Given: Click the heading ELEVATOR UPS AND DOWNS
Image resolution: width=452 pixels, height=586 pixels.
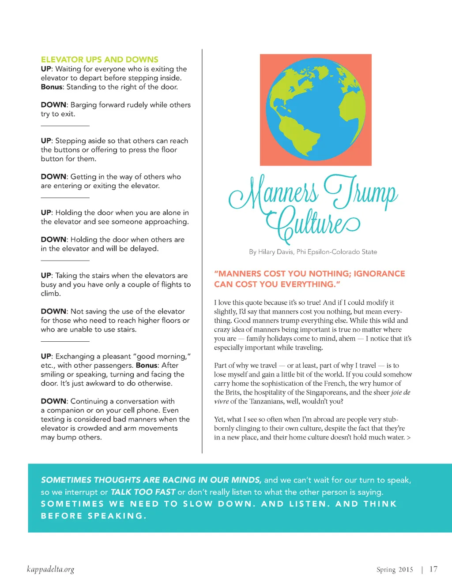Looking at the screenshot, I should click(99, 60).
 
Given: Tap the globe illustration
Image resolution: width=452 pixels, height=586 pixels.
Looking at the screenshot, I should click(316, 109).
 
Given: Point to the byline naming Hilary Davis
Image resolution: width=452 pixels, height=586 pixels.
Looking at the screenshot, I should click(313, 252).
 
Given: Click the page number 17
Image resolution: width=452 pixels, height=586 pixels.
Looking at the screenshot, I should click(433, 569).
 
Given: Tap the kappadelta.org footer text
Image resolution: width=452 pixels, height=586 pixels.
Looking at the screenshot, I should click(50, 569).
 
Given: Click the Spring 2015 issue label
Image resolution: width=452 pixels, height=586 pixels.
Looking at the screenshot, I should click(395, 570).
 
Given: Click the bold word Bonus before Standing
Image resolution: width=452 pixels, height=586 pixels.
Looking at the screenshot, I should click(52, 87).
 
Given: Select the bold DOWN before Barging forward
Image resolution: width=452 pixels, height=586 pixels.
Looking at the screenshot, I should click(53, 105).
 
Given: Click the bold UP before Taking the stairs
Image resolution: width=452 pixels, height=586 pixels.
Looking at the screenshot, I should click(46, 276).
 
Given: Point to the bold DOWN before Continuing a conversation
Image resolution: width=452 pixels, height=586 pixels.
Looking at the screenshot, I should click(53, 401).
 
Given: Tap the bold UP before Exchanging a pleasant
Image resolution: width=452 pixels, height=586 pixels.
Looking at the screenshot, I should click(46, 356).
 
